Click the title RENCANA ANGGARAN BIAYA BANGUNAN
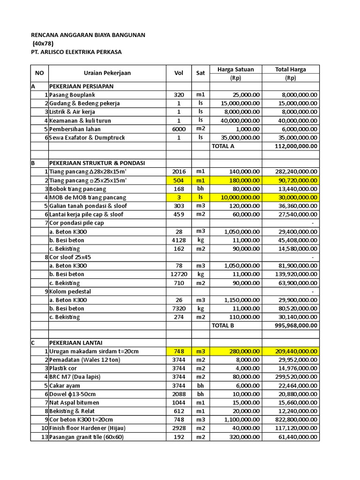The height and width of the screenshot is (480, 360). [x=88, y=35]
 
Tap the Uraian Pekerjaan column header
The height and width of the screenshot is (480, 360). [x=107, y=73]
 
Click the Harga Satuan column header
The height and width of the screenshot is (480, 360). [x=235, y=69]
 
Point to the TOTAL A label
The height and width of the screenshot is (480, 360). [x=224, y=146]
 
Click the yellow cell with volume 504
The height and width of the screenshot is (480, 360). [x=179, y=180]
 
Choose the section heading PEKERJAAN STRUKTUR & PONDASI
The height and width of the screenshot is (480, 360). [x=97, y=163]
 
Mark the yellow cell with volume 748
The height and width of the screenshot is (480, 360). [x=179, y=351]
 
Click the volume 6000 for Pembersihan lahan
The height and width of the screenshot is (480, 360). [x=179, y=129]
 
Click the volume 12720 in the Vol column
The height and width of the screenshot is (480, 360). [x=179, y=274]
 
